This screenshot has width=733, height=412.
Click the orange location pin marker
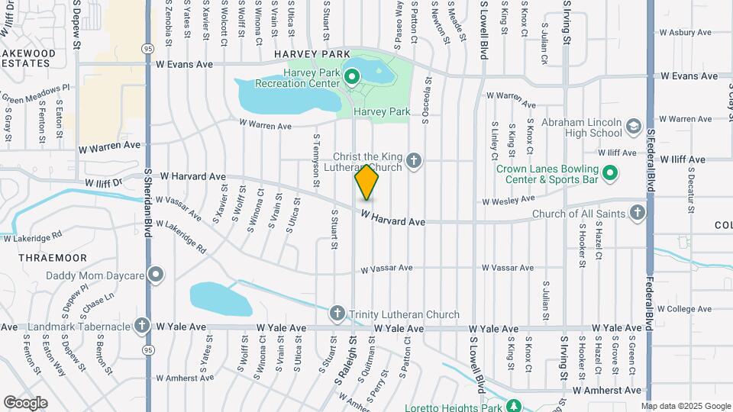pos(366,182)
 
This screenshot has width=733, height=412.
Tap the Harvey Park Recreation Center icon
pos(352,77)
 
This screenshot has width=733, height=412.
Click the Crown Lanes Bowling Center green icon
pos(609,175)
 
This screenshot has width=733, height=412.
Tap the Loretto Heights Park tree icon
pos(515,405)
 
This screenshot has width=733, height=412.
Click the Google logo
pos(24,402)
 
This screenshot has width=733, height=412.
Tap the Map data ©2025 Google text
pos(686,406)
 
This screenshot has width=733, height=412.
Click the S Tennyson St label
pos(315,161)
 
